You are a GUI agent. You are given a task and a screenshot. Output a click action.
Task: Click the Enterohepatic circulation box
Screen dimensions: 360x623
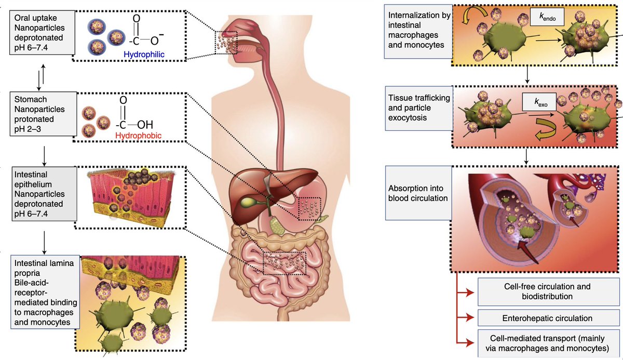[x=548, y=318]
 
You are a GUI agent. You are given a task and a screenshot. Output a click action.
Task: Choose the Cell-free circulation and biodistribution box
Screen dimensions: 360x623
[x=548, y=291]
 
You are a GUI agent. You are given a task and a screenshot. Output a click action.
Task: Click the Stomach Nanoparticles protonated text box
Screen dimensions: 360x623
[x=39, y=111]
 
